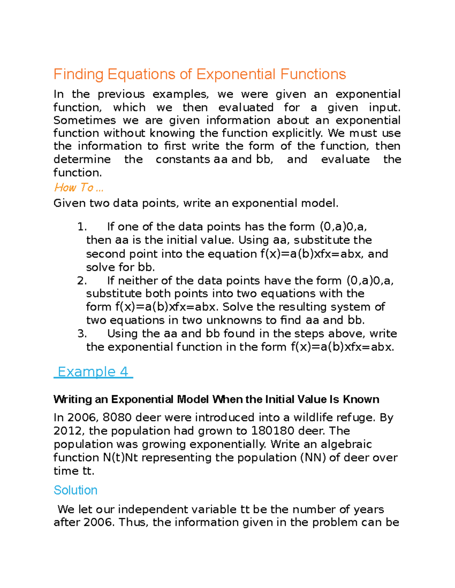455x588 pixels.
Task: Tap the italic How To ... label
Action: tap(78, 187)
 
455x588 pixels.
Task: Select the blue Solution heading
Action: tap(75, 490)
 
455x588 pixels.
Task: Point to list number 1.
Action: tap(82, 227)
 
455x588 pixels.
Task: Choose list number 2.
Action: tap(82, 281)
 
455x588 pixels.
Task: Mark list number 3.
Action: tap(82, 334)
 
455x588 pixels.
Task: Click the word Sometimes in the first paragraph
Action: tap(85, 120)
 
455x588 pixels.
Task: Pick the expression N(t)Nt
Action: tap(120, 457)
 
